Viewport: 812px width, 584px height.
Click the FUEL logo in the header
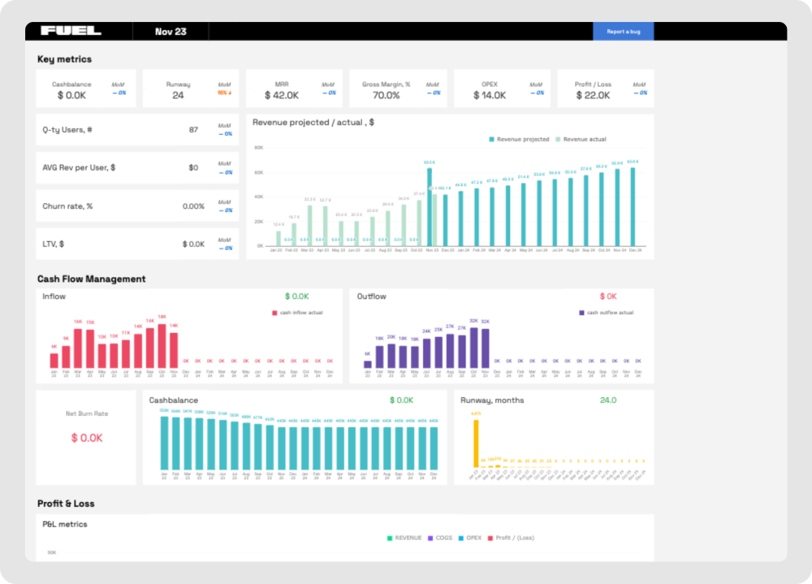(x=71, y=31)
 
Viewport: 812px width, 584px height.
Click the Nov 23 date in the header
(x=171, y=32)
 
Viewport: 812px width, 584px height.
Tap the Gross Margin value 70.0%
(x=387, y=95)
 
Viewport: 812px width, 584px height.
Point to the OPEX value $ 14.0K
(x=490, y=95)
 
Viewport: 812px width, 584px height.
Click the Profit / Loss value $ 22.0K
(x=593, y=95)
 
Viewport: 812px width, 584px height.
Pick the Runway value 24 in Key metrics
(x=178, y=95)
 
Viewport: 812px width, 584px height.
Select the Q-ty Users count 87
(x=193, y=130)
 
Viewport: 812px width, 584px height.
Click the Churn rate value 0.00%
(x=193, y=206)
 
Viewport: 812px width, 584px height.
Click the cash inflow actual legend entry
(x=300, y=313)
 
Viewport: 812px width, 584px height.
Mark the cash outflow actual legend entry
(x=608, y=313)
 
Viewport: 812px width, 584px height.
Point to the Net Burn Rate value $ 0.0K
(x=86, y=438)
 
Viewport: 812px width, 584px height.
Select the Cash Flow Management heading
(x=91, y=279)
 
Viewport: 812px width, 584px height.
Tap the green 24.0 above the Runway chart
(x=607, y=400)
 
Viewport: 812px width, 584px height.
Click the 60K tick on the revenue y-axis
(x=259, y=172)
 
